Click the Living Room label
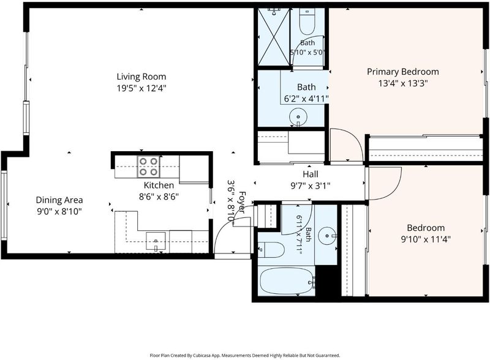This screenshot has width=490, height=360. point(141,77)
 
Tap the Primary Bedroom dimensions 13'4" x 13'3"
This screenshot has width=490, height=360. point(403,83)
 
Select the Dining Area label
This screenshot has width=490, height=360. point(59,200)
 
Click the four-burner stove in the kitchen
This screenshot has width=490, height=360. point(148,167)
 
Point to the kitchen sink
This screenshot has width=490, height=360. point(156,241)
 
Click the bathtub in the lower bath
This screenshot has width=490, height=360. point(287,281)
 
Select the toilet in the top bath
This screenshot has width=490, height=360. point(307,21)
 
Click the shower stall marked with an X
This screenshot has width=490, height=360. point(274,37)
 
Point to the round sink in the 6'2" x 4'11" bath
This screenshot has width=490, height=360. point(298,117)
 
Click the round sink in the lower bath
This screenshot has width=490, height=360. point(327,235)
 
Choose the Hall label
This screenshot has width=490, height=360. point(311,174)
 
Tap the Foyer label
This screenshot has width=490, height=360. point(242,203)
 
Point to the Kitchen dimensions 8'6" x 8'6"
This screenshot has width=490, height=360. point(159,197)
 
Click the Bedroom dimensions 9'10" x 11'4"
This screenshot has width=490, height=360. point(426,239)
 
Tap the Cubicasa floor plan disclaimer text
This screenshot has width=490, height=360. point(245,355)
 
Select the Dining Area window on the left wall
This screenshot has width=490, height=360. point(4,205)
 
